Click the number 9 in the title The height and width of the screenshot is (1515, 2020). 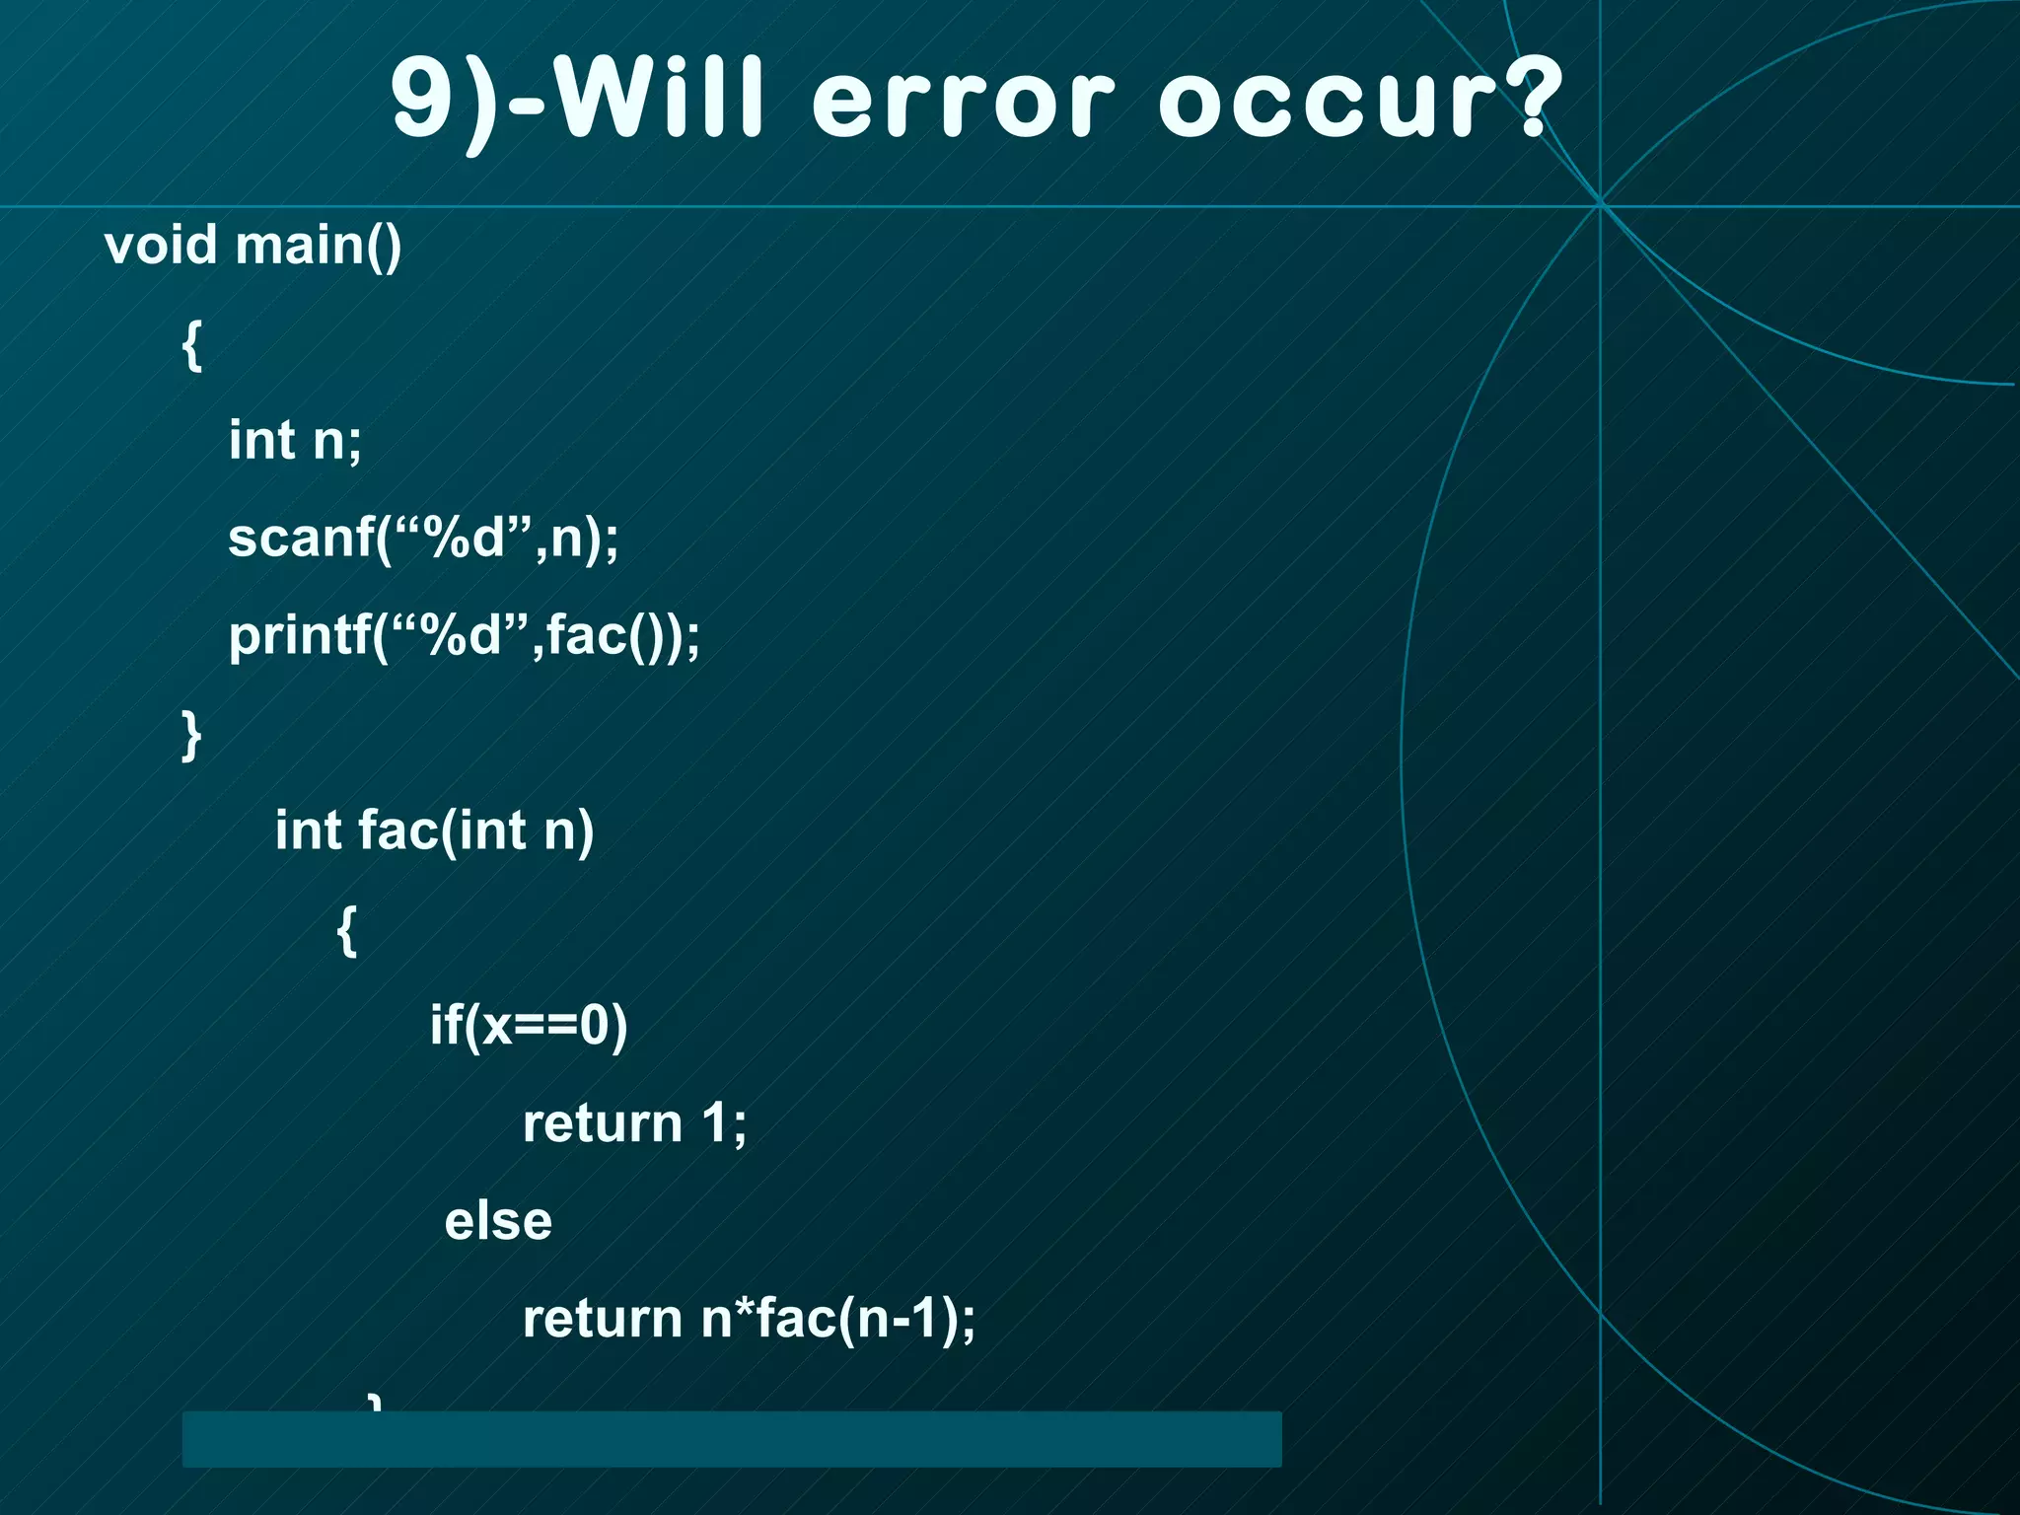421,100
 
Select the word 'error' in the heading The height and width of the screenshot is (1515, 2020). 963,102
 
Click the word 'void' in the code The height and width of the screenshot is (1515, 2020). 160,245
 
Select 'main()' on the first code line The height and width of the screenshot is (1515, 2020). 319,246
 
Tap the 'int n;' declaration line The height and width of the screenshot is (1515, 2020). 295,440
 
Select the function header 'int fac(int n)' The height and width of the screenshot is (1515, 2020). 434,830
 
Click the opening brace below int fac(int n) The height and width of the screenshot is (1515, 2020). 346,929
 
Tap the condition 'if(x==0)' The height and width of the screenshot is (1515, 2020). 528,1026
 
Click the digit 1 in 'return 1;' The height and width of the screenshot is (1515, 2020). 715,1123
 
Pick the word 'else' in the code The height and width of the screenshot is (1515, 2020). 498,1221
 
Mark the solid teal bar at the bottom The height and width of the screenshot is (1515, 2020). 731,1439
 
